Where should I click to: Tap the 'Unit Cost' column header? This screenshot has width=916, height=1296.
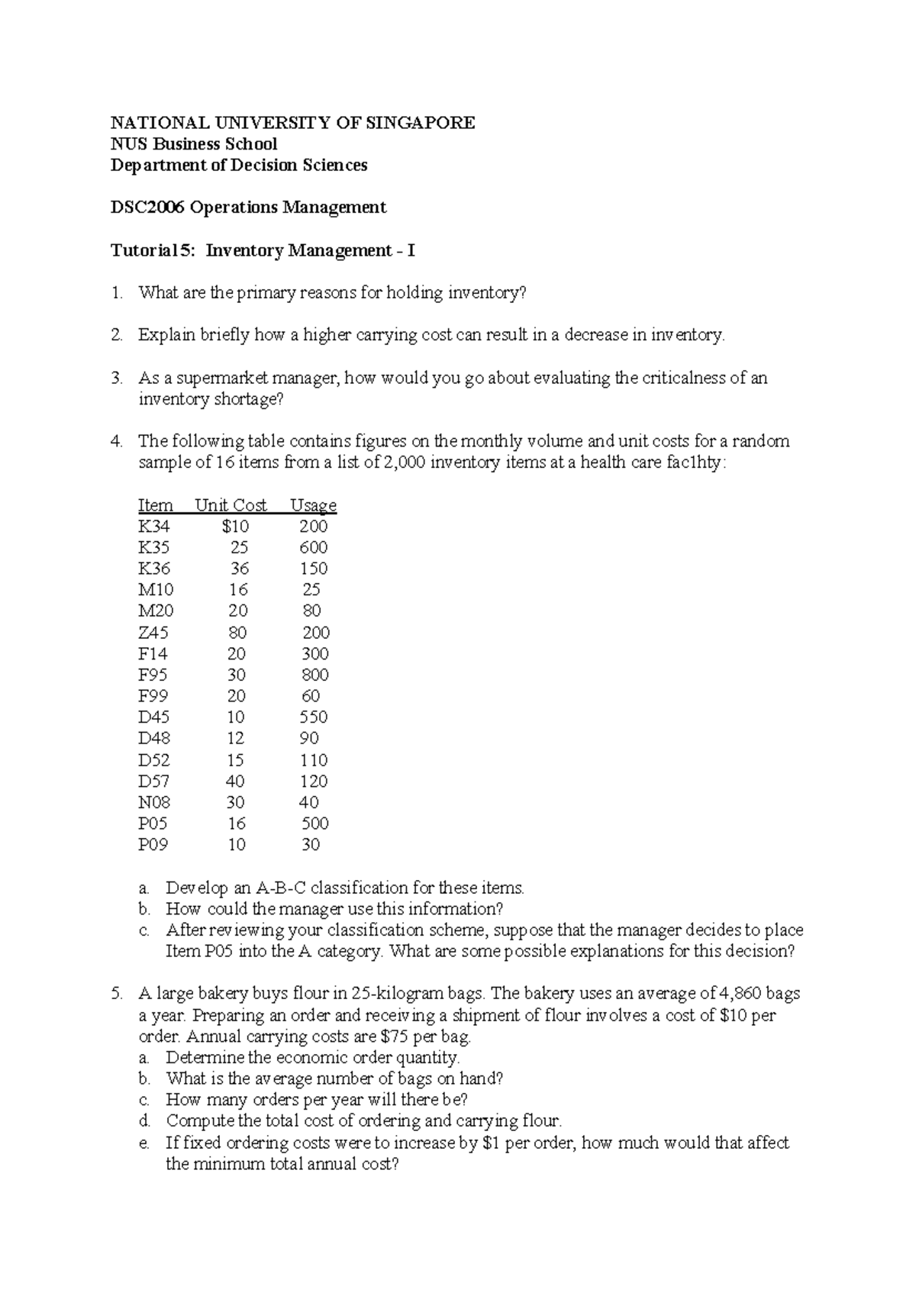point(231,505)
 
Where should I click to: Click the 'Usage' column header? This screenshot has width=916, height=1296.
point(313,505)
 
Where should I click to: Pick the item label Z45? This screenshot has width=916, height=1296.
point(153,633)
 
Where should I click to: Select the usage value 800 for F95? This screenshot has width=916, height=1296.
point(314,675)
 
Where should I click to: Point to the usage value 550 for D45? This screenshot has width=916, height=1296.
point(313,717)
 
